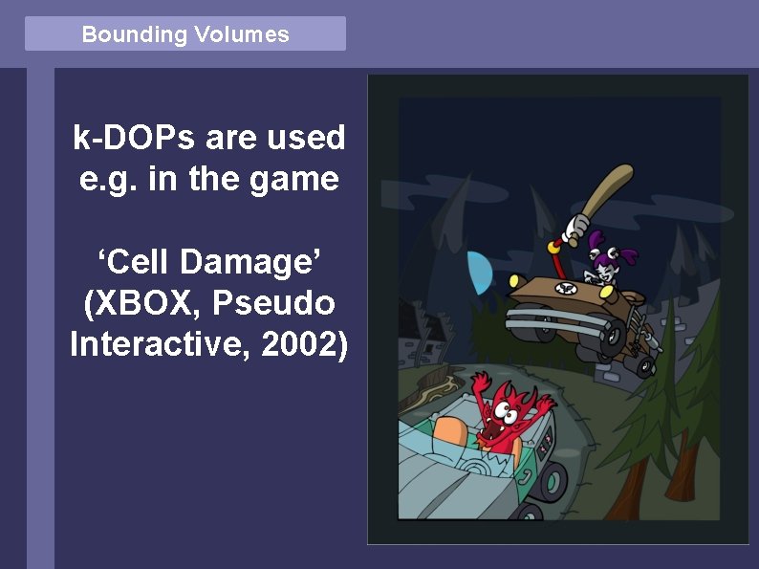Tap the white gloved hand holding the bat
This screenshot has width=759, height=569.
575,228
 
